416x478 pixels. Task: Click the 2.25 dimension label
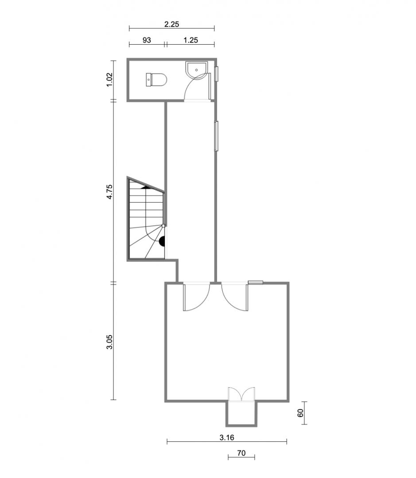pos(171,24)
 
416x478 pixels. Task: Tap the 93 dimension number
pos(147,40)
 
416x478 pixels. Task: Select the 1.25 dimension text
pos(191,40)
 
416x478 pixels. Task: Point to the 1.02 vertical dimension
pos(109,79)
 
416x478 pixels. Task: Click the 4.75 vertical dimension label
pos(109,192)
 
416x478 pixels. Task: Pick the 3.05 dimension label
pos(109,342)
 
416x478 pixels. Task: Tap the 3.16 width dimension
pos(227,437)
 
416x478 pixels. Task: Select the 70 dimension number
pos(241,453)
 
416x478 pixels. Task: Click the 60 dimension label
pos(300,413)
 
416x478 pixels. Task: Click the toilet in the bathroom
pos(156,80)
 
